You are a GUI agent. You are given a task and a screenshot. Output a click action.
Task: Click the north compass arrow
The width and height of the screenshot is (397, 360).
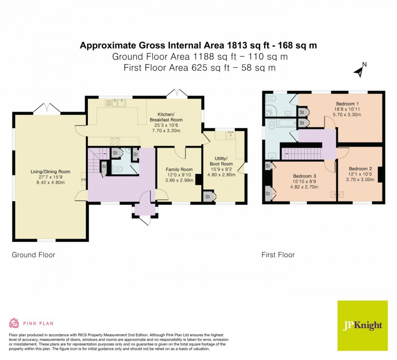click(359, 71)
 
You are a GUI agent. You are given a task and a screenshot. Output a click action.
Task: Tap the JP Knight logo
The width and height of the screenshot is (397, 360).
click(362, 326)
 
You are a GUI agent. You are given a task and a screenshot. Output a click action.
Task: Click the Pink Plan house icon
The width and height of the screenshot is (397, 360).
click(14, 323)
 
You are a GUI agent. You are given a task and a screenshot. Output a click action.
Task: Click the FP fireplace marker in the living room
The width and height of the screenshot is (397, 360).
click(83, 180)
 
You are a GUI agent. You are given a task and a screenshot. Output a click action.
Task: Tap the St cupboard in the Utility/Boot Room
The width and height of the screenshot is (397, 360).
click(208, 197)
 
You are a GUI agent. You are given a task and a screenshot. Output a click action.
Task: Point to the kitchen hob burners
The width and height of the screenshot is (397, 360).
click(115, 141)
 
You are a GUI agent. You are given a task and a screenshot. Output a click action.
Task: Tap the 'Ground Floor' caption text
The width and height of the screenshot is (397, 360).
click(33, 255)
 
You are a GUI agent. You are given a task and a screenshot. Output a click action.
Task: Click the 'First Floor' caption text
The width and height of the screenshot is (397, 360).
click(278, 255)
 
